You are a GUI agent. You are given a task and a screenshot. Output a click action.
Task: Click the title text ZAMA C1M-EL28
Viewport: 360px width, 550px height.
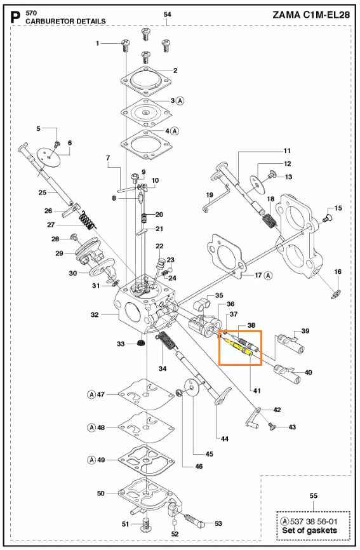[x=311, y=15]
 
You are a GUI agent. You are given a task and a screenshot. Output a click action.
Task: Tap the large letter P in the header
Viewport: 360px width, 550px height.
[x=16, y=18]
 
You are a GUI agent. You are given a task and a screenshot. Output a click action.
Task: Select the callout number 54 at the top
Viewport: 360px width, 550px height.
[x=167, y=15]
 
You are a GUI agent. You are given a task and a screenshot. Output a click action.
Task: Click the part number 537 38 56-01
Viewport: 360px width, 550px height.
[x=314, y=521]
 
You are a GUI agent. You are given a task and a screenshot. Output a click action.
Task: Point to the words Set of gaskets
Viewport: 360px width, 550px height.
[x=309, y=530]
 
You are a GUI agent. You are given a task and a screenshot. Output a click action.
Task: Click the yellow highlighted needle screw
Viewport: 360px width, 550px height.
[x=237, y=346]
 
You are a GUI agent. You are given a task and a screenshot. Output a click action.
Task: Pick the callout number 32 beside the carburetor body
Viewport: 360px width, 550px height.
[x=95, y=314]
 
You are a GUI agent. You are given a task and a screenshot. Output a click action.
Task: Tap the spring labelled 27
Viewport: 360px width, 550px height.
[x=86, y=221]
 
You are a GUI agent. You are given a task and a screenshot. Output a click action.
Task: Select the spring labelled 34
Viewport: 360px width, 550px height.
[x=167, y=341]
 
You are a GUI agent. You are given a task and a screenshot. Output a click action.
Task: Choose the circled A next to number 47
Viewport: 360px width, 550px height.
[x=91, y=394]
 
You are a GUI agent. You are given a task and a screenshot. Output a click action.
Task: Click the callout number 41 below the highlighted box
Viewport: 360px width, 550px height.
[x=257, y=391]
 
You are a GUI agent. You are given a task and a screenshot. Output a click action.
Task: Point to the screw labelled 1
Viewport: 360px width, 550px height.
[x=125, y=45]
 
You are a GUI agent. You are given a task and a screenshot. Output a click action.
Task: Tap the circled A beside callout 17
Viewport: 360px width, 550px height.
[x=268, y=276]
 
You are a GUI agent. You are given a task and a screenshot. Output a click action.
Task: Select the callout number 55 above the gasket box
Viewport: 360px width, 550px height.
[x=314, y=495]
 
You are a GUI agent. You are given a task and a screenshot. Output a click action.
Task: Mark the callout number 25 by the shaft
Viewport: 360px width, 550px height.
[x=43, y=192]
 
